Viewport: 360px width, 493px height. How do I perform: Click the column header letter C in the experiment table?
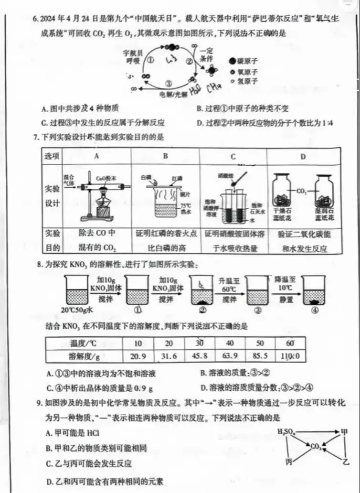click(x=233, y=156)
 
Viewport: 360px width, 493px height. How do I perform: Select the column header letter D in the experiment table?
click(x=303, y=156)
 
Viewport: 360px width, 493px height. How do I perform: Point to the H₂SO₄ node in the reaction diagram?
click(x=286, y=432)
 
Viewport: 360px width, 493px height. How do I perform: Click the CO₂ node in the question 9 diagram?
click(x=316, y=447)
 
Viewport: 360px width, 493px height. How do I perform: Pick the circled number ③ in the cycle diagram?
click(x=169, y=83)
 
